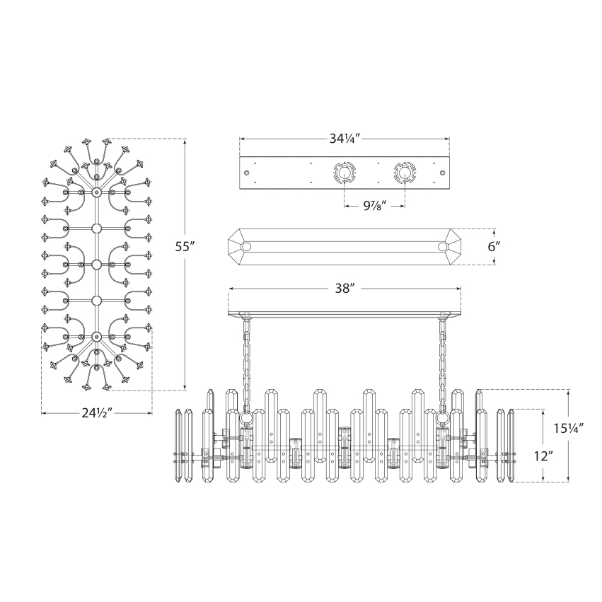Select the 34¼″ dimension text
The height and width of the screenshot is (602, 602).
click(x=345, y=138)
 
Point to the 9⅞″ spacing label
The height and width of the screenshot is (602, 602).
click(x=374, y=206)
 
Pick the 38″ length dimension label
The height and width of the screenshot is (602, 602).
click(x=345, y=289)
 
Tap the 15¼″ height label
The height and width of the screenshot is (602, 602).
click(x=569, y=427)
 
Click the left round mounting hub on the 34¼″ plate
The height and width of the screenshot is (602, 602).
click(x=343, y=173)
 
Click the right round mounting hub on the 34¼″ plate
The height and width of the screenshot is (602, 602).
click(x=405, y=173)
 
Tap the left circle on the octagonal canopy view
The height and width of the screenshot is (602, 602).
click(x=247, y=247)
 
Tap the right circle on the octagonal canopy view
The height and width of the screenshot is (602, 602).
click(x=443, y=247)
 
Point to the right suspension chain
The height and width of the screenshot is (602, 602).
click(x=444, y=361)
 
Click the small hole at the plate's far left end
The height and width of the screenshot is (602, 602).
click(x=246, y=173)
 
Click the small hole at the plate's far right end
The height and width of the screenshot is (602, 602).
click(x=443, y=173)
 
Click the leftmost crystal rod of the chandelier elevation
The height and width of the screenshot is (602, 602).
click(x=178, y=446)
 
